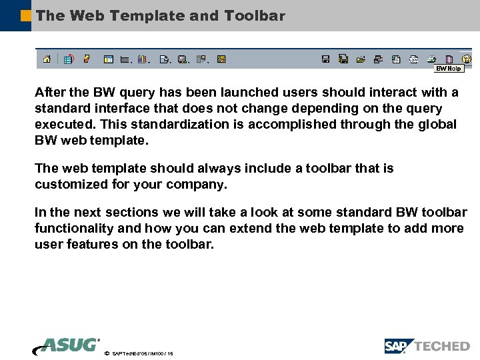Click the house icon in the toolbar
click(x=47, y=59)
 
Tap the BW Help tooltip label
click(x=449, y=69)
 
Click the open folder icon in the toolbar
click(x=361, y=59)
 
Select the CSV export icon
click(x=413, y=59)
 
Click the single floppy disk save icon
click(x=325, y=59)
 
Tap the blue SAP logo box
click(x=398, y=346)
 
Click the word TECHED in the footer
click(x=442, y=346)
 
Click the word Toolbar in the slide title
click(x=256, y=15)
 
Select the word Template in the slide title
click(x=147, y=15)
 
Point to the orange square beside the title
click(x=26, y=15)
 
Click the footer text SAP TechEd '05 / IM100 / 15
click(x=143, y=353)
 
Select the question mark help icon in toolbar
click(x=466, y=59)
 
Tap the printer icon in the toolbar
click(x=431, y=59)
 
